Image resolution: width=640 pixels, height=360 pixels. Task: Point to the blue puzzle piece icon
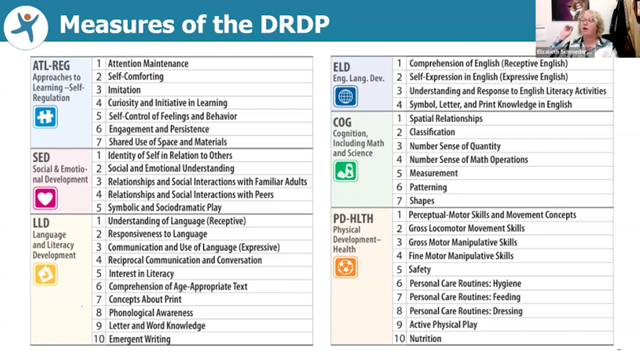pyautogui.click(x=45, y=115)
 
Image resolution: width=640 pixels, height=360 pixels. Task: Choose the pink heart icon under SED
pyautogui.click(x=45, y=198)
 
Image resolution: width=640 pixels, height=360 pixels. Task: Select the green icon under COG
pyautogui.click(x=345, y=170)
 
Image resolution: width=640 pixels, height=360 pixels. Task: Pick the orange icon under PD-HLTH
pyautogui.click(x=345, y=267)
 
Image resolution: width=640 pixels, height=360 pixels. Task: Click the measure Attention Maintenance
pyautogui.click(x=148, y=63)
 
